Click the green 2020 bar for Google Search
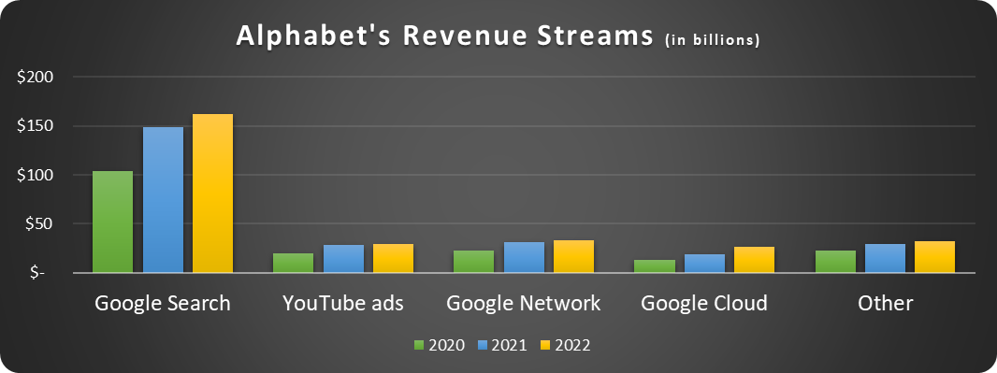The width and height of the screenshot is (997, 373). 112,222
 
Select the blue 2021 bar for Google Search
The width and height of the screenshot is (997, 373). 163,200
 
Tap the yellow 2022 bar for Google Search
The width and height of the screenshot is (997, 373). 212,194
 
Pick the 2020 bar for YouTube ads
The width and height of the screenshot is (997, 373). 293,263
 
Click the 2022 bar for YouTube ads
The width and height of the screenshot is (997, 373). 393,259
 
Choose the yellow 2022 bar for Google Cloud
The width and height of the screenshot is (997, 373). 754,260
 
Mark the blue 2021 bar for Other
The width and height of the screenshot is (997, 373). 885,259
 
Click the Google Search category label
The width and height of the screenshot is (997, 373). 163,304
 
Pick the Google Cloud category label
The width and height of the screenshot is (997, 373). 704,304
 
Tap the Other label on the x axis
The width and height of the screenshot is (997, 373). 885,304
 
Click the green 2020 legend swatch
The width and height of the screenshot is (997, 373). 419,346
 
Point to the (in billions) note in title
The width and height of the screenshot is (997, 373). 711,40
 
